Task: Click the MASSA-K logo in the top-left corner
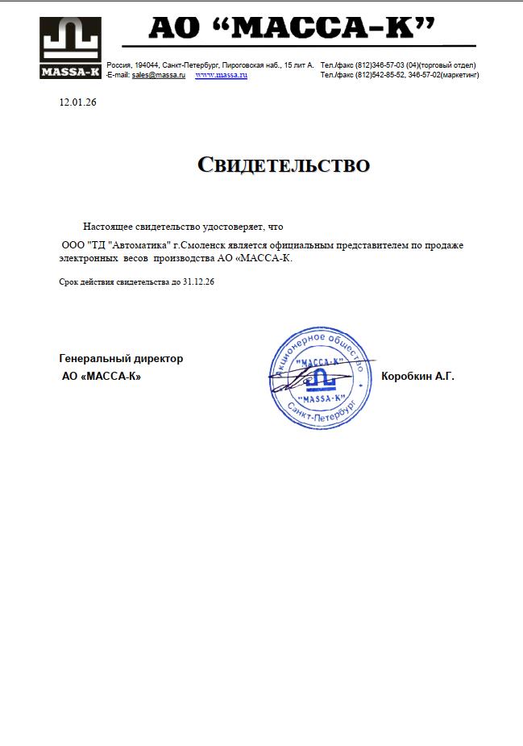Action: coord(70,49)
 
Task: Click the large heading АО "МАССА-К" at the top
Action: coord(293,30)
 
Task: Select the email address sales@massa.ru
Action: coord(159,75)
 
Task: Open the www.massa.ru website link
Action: coord(221,75)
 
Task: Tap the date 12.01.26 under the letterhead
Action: coord(78,102)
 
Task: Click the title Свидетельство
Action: coord(284,165)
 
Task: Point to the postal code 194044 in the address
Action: coord(146,65)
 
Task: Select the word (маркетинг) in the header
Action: coord(457,75)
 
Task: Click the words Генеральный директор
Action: coord(121,359)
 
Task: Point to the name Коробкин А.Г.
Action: coord(417,376)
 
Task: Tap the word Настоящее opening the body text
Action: coord(108,227)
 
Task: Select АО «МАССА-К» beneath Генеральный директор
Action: coord(102,377)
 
